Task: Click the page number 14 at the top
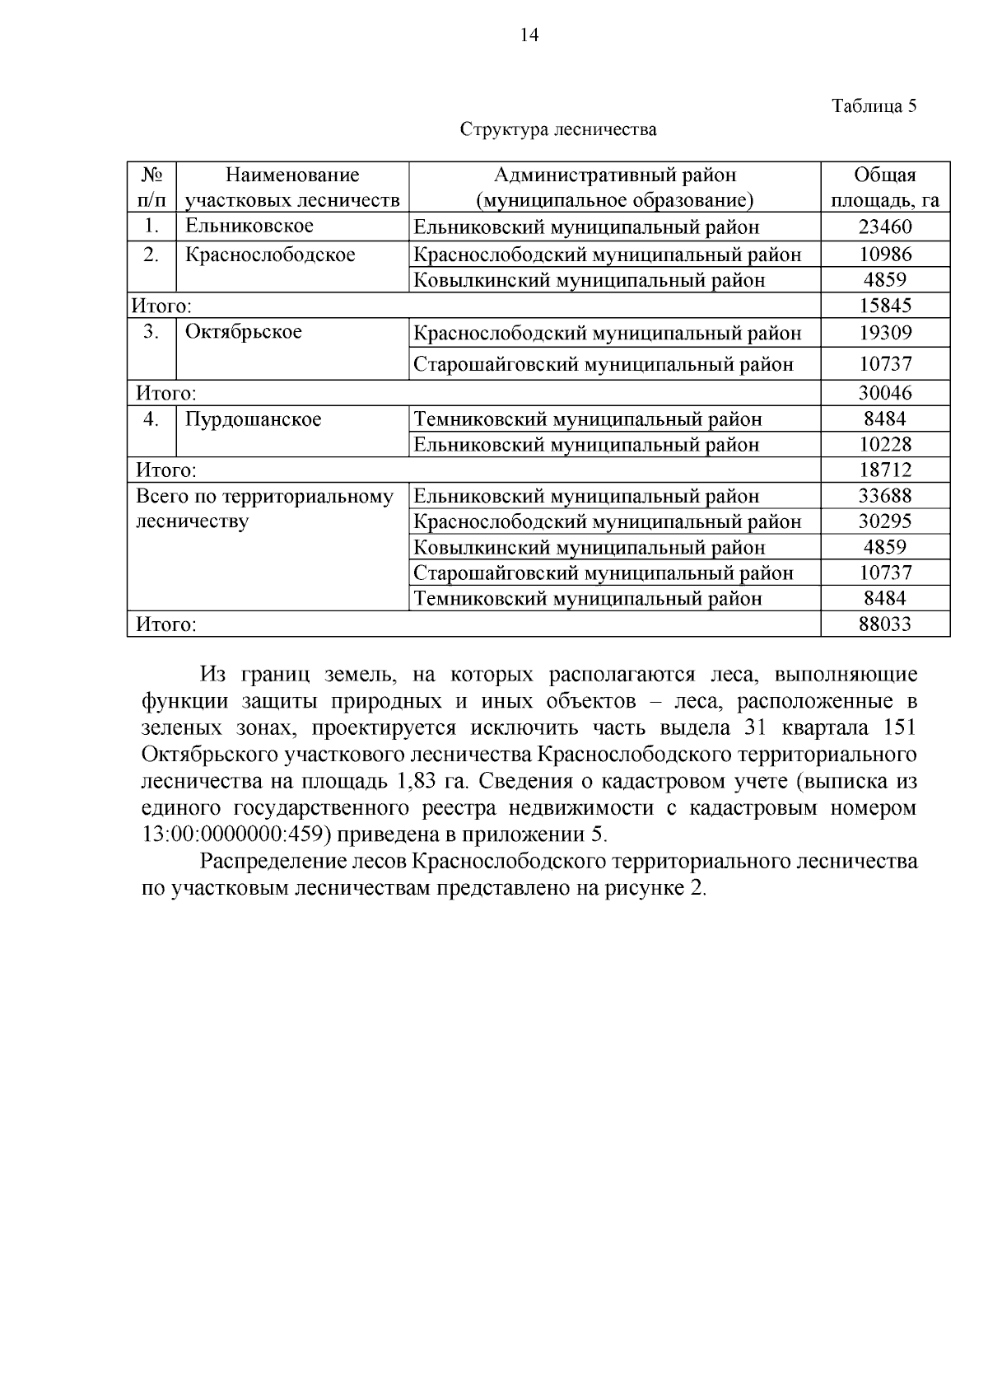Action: [529, 35]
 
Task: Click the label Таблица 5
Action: [874, 105]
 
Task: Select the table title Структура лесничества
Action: [558, 129]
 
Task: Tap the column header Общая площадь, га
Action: [885, 187]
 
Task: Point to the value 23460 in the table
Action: [885, 227]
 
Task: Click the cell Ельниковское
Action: [249, 226]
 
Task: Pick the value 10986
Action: [885, 254]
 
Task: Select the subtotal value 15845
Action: [885, 306]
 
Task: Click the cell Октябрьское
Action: [244, 332]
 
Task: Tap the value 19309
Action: [885, 333]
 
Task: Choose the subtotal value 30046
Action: [885, 392]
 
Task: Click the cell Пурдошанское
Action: [253, 419]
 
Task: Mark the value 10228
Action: [885, 445]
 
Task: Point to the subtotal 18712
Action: [885, 470]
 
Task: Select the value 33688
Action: [885, 496]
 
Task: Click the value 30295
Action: [885, 521]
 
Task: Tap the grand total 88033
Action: [885, 624]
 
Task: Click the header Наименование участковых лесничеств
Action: [292, 187]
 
